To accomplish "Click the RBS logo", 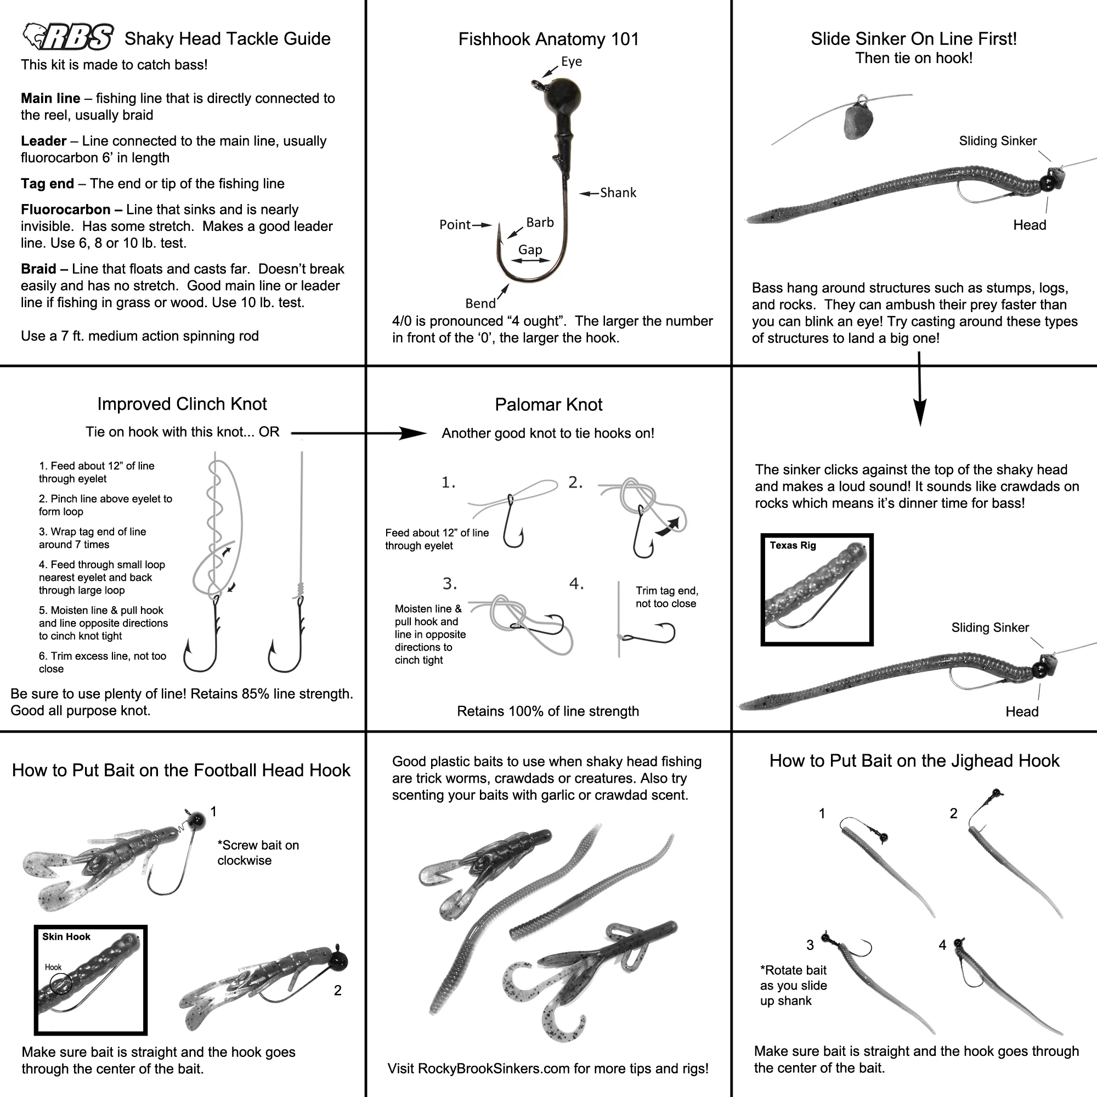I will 68,37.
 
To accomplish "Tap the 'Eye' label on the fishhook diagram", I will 571,61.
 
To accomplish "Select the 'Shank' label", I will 618,193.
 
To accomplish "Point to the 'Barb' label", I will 539,223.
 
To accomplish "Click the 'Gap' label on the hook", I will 530,250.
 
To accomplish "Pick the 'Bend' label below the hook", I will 480,303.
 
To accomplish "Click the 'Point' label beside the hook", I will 455,225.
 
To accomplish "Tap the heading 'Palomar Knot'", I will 548,404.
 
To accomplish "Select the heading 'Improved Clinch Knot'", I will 182,404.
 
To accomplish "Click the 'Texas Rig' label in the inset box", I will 793,545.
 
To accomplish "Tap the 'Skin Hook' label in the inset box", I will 66,937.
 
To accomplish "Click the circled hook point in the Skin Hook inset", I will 61,984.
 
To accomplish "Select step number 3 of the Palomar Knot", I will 450,583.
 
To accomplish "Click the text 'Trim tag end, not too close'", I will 666,597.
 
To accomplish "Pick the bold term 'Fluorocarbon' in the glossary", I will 65,210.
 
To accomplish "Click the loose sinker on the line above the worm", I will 858,121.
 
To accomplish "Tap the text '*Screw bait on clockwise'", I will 258,852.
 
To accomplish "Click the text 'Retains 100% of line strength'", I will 548,711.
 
